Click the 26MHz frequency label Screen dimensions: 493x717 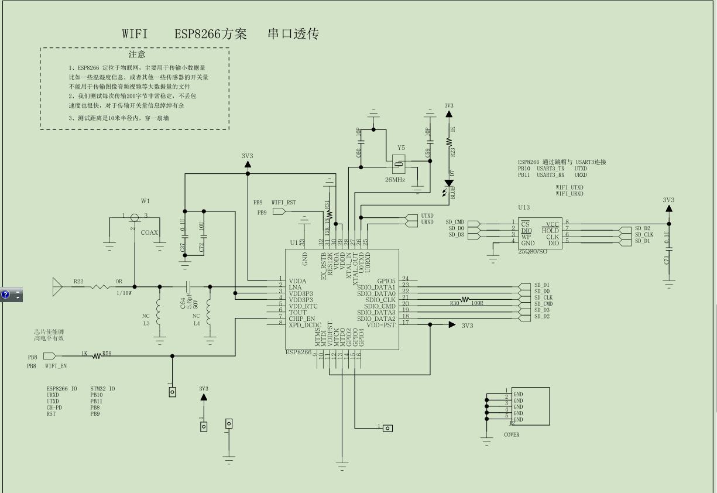[x=395, y=180]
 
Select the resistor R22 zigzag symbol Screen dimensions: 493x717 [x=99, y=286]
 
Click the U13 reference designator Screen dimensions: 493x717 [x=524, y=207]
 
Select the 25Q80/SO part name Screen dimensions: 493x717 [x=532, y=251]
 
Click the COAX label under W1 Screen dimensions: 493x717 [x=149, y=232]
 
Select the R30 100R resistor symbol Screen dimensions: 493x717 [x=465, y=299]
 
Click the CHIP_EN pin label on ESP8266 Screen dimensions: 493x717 [x=301, y=319]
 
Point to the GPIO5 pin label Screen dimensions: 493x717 [x=386, y=281]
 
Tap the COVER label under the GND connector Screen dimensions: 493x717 [x=512, y=435]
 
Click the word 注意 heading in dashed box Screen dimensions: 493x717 [x=137, y=54]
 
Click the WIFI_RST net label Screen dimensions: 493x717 [x=284, y=203]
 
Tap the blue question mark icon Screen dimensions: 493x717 [x=6, y=295]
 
